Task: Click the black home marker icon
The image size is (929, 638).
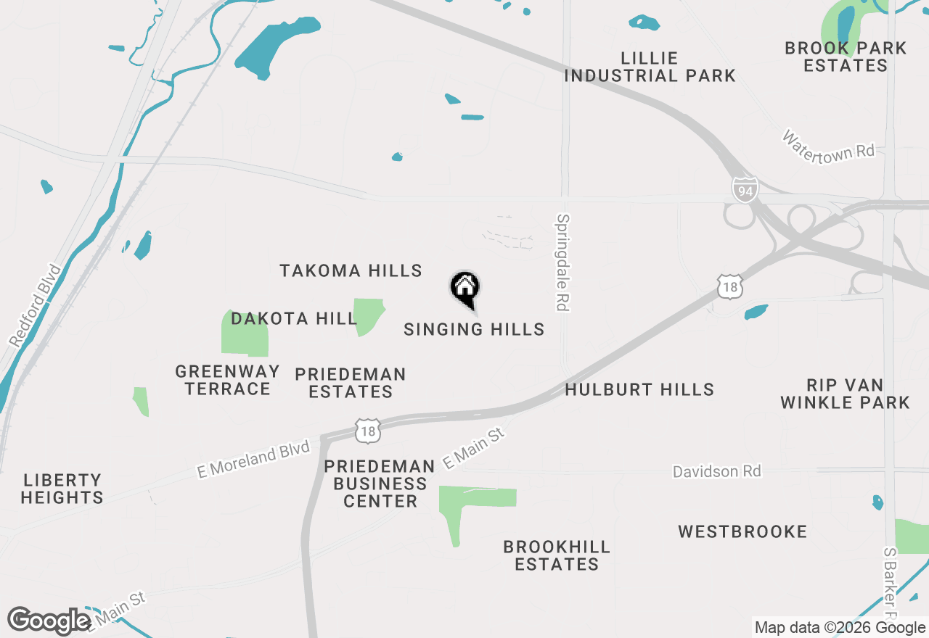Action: point(465,288)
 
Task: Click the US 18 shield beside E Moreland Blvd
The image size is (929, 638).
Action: point(368,430)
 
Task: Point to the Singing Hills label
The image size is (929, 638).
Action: point(474,329)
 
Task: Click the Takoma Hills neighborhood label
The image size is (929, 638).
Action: point(351,271)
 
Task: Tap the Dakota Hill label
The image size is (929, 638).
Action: point(294,318)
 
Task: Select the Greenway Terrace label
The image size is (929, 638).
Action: point(227,380)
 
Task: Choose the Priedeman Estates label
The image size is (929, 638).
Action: point(351,383)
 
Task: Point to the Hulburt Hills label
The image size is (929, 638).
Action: point(639,390)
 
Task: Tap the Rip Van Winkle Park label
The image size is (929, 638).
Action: point(845,394)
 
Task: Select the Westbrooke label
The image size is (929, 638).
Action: point(742,532)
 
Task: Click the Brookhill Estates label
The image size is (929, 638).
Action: point(557,555)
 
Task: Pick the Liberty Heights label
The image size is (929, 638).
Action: point(62,489)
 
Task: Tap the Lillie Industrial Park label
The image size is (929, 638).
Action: point(650,67)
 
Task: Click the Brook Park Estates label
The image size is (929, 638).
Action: point(846,57)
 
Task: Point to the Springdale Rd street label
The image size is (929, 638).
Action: point(562,262)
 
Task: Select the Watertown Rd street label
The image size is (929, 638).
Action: point(828,146)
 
